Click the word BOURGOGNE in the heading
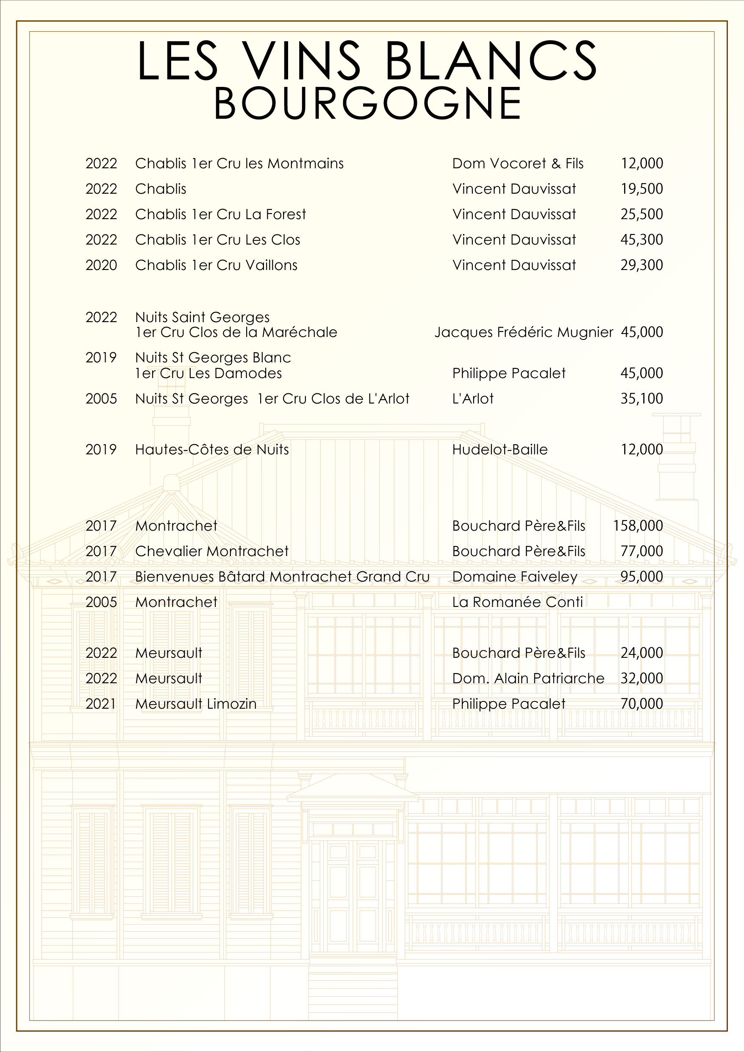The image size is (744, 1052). point(367,103)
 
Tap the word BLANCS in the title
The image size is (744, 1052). point(491,61)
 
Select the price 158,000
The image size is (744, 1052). point(638,526)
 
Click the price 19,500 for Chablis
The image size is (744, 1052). point(641,189)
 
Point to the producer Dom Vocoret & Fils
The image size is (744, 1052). point(518,164)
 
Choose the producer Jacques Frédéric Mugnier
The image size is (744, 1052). point(524,332)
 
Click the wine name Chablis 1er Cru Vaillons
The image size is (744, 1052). point(216,265)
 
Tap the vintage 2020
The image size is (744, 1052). point(101,265)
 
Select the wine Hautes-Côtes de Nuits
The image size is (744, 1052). point(212,449)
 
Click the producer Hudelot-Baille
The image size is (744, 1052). point(500,449)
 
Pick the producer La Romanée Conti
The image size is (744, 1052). point(518,602)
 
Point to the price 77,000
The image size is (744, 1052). point(641,551)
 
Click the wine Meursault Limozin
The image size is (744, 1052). point(196,704)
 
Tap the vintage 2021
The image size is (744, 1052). point(101,704)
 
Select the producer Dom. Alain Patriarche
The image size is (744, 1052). point(528,678)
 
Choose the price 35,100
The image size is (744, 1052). point(641,398)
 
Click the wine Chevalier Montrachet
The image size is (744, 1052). point(212,551)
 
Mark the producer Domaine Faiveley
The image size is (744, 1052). point(515,576)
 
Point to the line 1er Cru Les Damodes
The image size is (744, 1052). point(208,373)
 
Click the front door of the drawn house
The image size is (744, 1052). point(353,898)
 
